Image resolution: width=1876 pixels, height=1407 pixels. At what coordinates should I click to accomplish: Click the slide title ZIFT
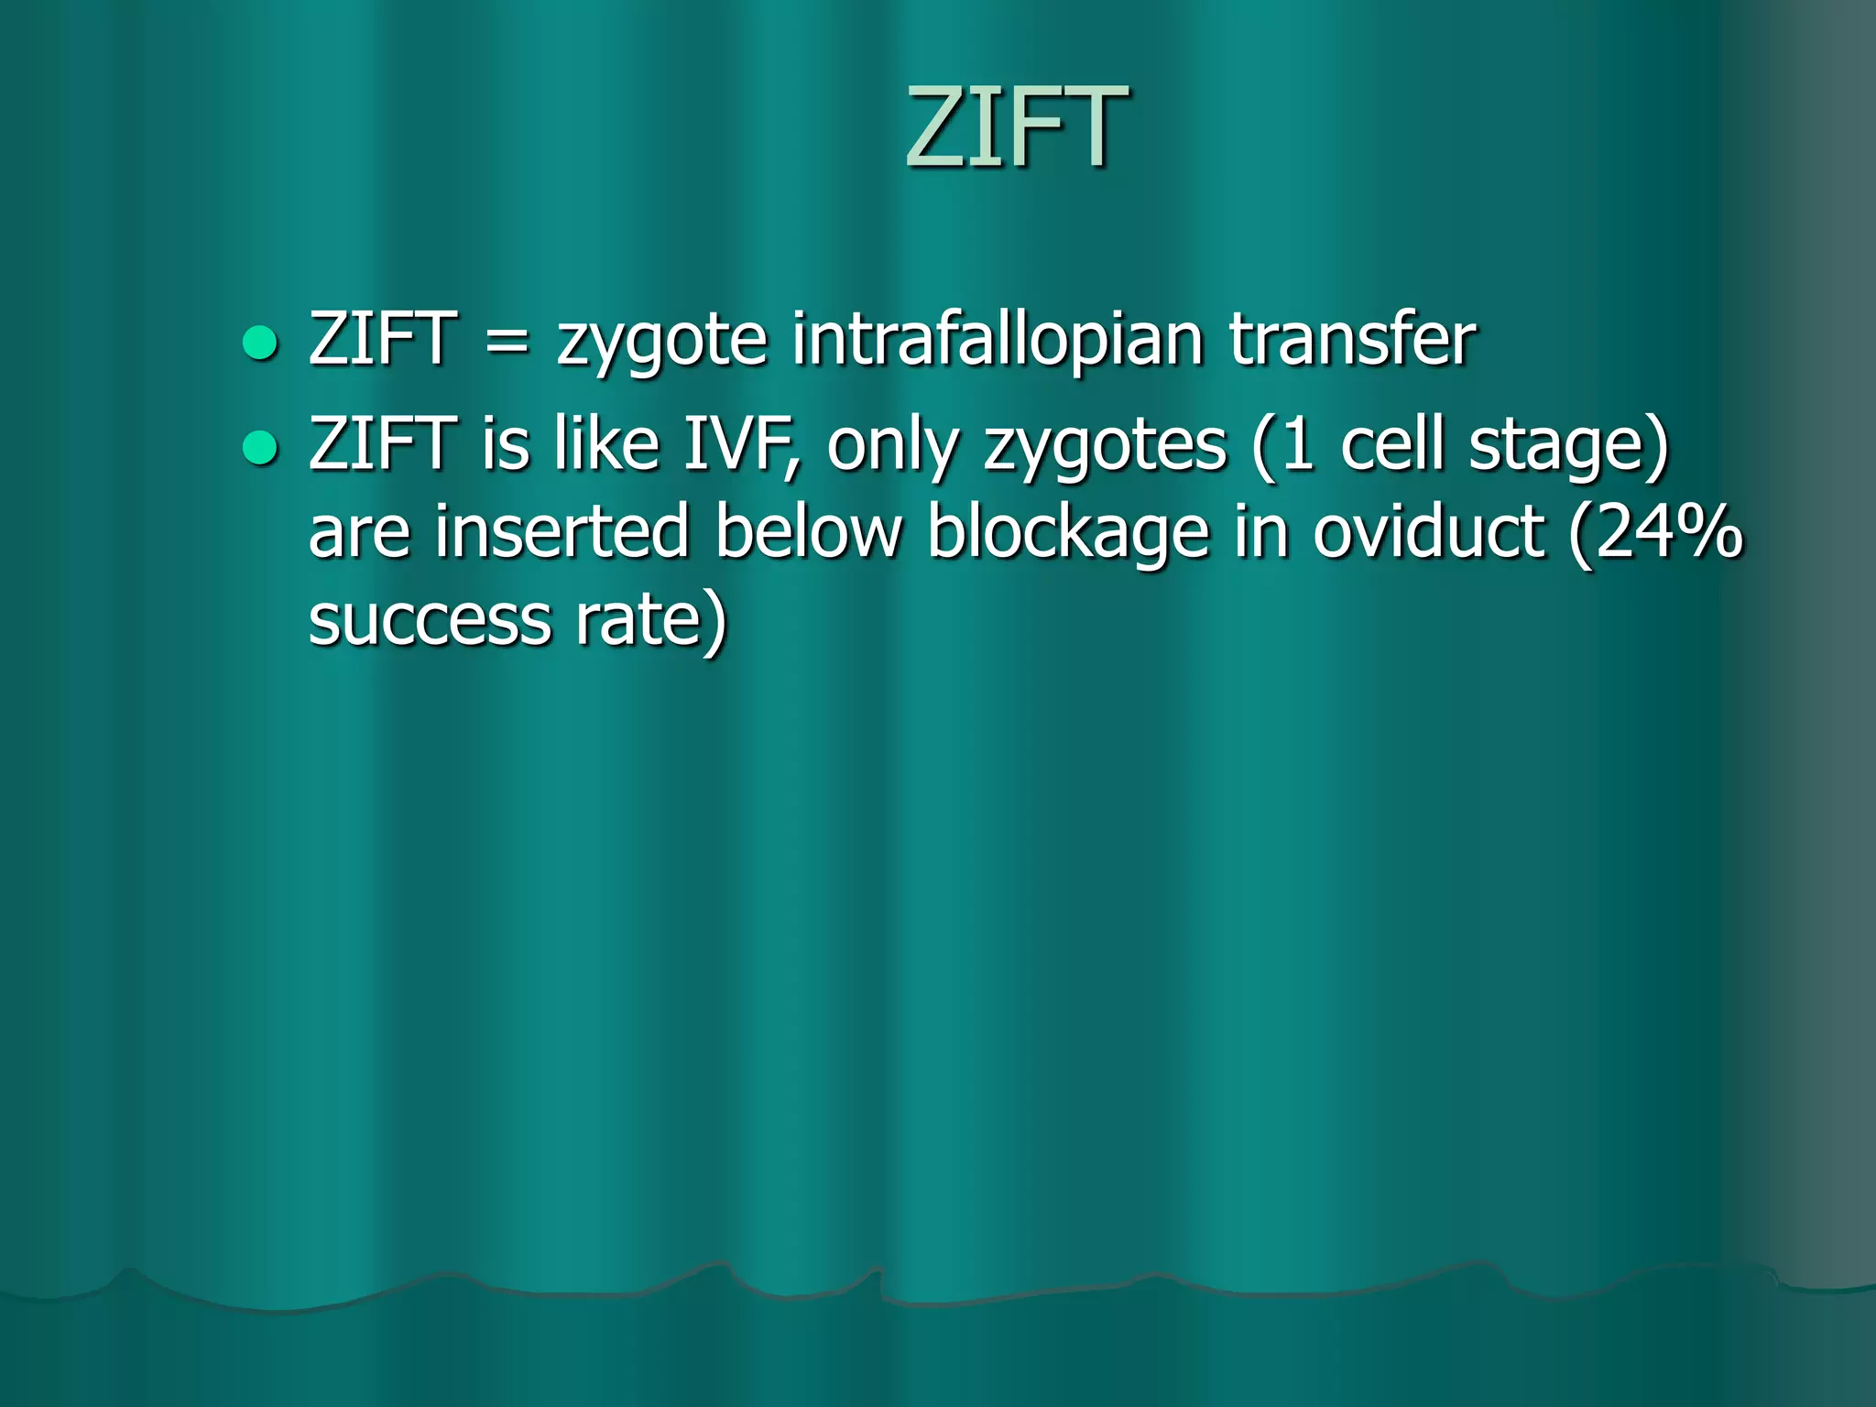pyautogui.click(x=1016, y=128)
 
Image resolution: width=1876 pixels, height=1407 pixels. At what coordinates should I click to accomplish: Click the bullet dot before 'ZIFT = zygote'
pyautogui.click(x=260, y=343)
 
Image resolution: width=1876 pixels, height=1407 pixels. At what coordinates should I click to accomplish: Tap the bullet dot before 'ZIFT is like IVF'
pyautogui.click(x=260, y=448)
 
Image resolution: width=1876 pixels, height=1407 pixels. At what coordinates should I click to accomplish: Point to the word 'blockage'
pyautogui.click(x=1068, y=534)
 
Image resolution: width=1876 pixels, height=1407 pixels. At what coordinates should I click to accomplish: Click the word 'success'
pyautogui.click(x=430, y=621)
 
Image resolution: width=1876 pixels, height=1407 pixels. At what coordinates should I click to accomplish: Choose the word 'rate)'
pyautogui.click(x=651, y=621)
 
